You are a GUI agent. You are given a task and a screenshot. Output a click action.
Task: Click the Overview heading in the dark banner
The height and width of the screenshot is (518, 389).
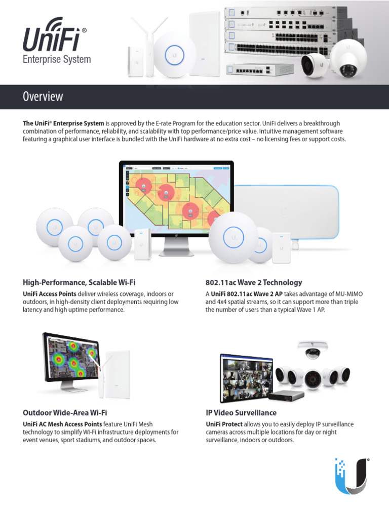[x=43, y=97]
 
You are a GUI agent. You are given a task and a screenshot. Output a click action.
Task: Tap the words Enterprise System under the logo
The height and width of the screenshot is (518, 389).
[x=57, y=60]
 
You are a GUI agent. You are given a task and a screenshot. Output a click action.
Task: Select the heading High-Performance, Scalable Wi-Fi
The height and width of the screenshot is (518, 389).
[x=79, y=283]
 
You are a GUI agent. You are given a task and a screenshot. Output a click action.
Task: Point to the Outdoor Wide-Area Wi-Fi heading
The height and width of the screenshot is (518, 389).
[x=65, y=413]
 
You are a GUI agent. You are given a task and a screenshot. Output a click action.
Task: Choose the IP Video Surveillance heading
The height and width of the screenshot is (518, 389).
[x=241, y=413]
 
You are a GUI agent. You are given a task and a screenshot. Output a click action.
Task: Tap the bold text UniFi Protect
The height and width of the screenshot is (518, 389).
[x=224, y=424]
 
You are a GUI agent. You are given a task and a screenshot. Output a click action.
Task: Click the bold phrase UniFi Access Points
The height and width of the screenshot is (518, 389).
[x=50, y=294]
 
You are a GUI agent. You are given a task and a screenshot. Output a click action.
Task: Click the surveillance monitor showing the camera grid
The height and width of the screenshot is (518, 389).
[x=246, y=377]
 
